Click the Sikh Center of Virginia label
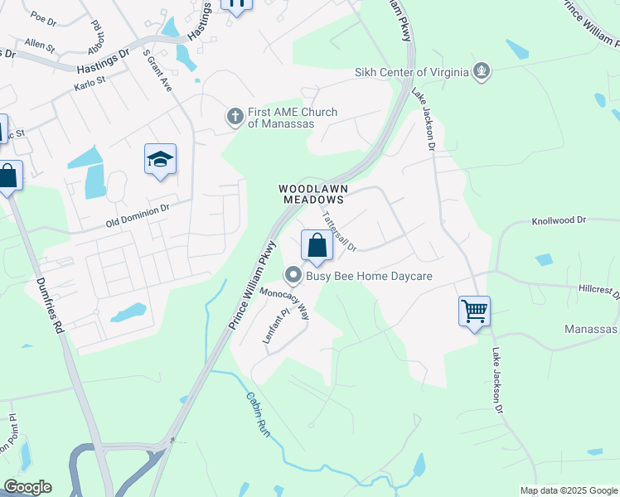coord(411,71)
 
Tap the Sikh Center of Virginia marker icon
coord(482,71)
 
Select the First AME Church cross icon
coord(235,117)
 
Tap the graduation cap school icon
coord(160,159)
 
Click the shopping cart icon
coord(474,311)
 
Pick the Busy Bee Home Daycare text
coord(370,276)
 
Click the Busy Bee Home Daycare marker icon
coord(293,275)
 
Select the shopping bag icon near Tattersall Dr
coord(317,245)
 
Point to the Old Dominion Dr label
coord(138,217)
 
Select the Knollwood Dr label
coord(558,221)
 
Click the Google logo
coord(27,487)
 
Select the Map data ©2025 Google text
coord(568,490)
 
